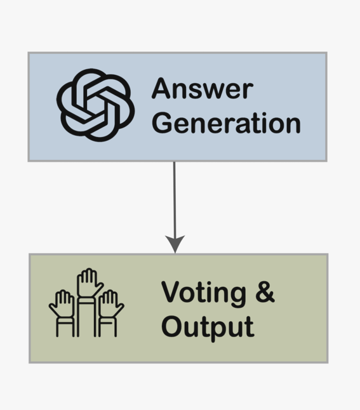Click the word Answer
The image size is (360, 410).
coord(203,89)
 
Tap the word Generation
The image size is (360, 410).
coord(226,122)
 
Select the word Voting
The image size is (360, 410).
coord(204,294)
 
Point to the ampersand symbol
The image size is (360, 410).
coord(265,292)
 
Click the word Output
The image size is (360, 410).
coord(208,328)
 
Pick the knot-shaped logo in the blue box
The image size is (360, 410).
coord(95,105)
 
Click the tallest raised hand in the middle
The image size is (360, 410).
coord(89,302)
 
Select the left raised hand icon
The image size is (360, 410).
coord(62,313)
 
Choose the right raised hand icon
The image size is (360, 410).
coord(111,313)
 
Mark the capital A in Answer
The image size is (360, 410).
coord(162,89)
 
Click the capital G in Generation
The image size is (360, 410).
coord(163,122)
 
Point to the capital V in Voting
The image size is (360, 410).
coord(171,292)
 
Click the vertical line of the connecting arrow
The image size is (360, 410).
coord(175,199)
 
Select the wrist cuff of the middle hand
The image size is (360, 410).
coord(86,300)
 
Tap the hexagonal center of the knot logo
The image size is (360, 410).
coord(95,105)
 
